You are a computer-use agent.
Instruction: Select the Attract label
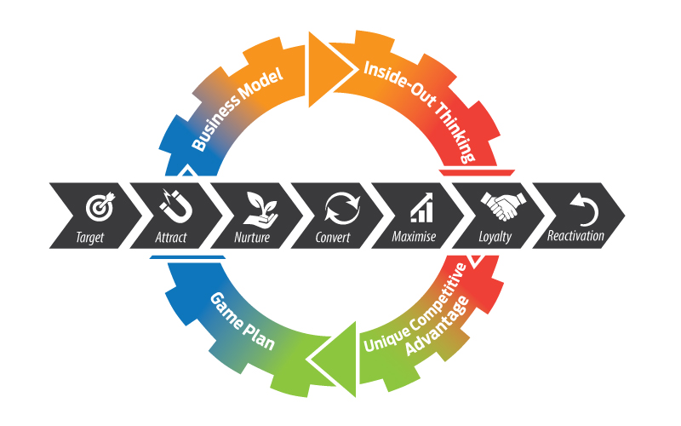click(170, 237)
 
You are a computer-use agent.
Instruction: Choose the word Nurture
click(251, 237)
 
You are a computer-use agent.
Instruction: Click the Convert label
click(332, 237)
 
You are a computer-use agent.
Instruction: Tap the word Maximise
click(414, 237)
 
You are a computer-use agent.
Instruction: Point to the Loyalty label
click(495, 237)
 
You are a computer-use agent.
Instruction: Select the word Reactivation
click(576, 237)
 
